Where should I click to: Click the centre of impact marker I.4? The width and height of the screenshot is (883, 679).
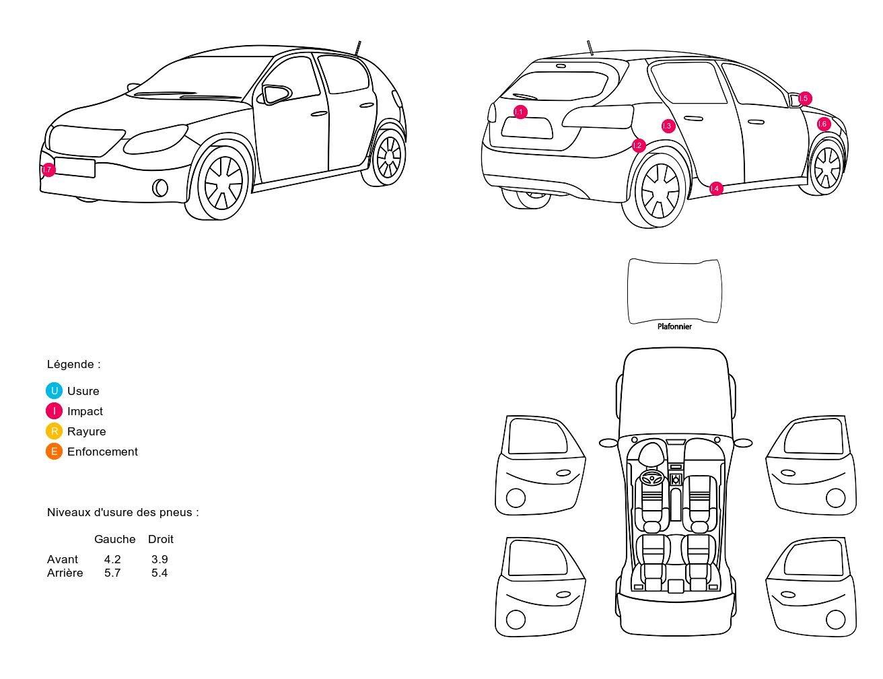point(715,188)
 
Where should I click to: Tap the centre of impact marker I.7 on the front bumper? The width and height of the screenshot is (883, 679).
point(48,170)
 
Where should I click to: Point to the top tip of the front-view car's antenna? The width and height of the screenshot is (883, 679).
point(359,42)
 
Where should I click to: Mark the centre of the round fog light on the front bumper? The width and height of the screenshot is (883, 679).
point(160,188)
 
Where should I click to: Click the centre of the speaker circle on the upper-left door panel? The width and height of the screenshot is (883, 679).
point(516,497)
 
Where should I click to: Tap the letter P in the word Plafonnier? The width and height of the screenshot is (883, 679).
point(660,326)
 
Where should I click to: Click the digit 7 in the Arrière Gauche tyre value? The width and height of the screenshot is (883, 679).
point(117,573)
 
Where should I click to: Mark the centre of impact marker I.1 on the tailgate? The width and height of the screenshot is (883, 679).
point(520,112)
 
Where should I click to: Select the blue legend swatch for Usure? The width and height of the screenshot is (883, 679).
point(54,391)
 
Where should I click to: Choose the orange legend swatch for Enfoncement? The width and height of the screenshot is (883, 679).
point(54,451)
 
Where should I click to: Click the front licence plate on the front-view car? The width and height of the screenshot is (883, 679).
point(75,168)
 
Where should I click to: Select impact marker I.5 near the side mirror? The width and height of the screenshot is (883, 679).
point(804,98)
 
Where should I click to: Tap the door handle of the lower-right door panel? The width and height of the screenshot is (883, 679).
point(788,594)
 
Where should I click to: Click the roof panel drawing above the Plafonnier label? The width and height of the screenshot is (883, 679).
point(674,291)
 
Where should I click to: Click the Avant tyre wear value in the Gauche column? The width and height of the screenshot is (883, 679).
point(112,559)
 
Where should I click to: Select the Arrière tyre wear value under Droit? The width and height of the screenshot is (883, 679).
point(160,573)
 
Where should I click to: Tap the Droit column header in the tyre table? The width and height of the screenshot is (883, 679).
point(160,539)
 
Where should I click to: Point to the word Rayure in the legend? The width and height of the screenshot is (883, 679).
point(87,431)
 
